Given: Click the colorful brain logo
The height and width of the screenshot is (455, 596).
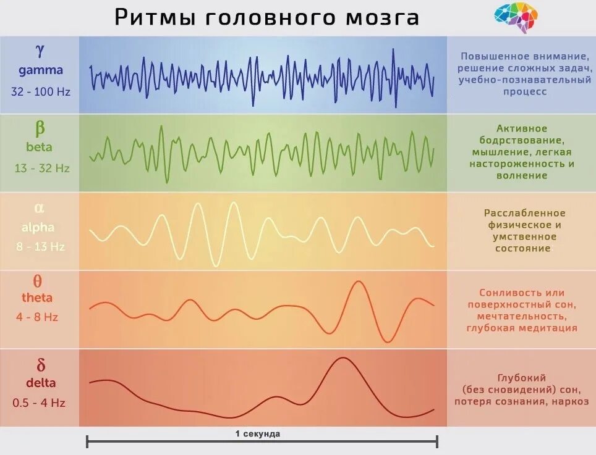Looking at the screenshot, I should tap(516, 17).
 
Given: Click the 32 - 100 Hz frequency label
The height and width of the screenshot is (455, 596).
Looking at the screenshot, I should tap(40, 91).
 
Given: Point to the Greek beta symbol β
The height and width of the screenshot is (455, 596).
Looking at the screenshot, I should tap(40, 128).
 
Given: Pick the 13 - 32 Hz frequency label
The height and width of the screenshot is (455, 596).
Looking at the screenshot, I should tap(42, 168).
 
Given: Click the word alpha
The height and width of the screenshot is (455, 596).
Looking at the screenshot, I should tap(38, 227).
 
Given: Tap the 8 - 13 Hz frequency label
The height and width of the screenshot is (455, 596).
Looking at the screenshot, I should tap(40, 246).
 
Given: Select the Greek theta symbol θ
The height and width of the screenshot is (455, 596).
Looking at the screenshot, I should tap(38, 282).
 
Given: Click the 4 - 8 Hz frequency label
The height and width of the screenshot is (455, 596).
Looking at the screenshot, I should tap(37, 317).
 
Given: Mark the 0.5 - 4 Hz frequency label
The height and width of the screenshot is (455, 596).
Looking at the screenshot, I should tap(39, 403).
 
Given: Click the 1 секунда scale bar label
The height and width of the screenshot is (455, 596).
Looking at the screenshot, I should tap(258, 433).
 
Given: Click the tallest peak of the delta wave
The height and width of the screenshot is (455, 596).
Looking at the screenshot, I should tap(341, 359).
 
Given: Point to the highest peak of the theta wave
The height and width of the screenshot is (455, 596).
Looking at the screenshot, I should tap(357, 282).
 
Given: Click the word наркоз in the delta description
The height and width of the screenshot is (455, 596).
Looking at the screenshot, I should tap(556, 401).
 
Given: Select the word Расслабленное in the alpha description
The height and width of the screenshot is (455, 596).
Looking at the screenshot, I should tap(524, 213).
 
